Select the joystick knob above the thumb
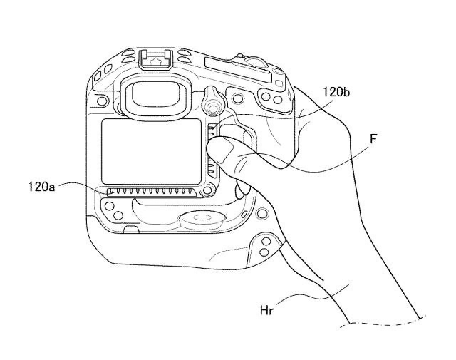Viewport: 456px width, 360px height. tap(211, 104)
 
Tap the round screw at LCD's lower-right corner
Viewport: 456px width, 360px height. tap(207, 191)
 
